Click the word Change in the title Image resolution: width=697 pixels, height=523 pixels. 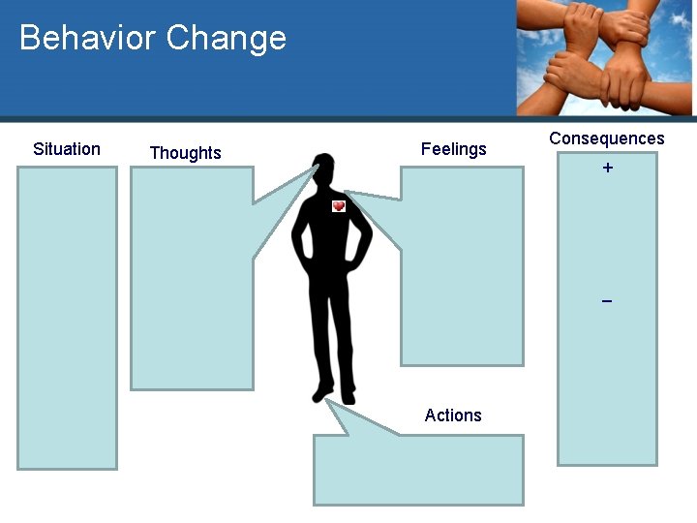coord(227,38)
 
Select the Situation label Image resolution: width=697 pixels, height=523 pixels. coord(67,149)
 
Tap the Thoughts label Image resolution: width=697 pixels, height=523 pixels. coord(185,153)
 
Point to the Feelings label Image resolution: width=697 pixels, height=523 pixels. coord(453,149)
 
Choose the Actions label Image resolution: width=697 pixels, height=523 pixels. coord(452,415)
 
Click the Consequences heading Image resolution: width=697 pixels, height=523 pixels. coord(607,138)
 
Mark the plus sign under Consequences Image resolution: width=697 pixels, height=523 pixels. coord(607,169)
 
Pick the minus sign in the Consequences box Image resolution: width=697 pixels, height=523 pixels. coord(607,301)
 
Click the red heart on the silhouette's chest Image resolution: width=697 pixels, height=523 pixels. coord(339,206)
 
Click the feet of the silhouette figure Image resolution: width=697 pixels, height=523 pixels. coord(334,395)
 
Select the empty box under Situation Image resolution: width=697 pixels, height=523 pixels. coord(67,318)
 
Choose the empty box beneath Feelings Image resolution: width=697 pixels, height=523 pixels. coord(463,281)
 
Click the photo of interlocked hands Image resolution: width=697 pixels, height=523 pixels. coord(605,58)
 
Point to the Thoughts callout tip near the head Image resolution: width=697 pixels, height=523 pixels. coord(312,169)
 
